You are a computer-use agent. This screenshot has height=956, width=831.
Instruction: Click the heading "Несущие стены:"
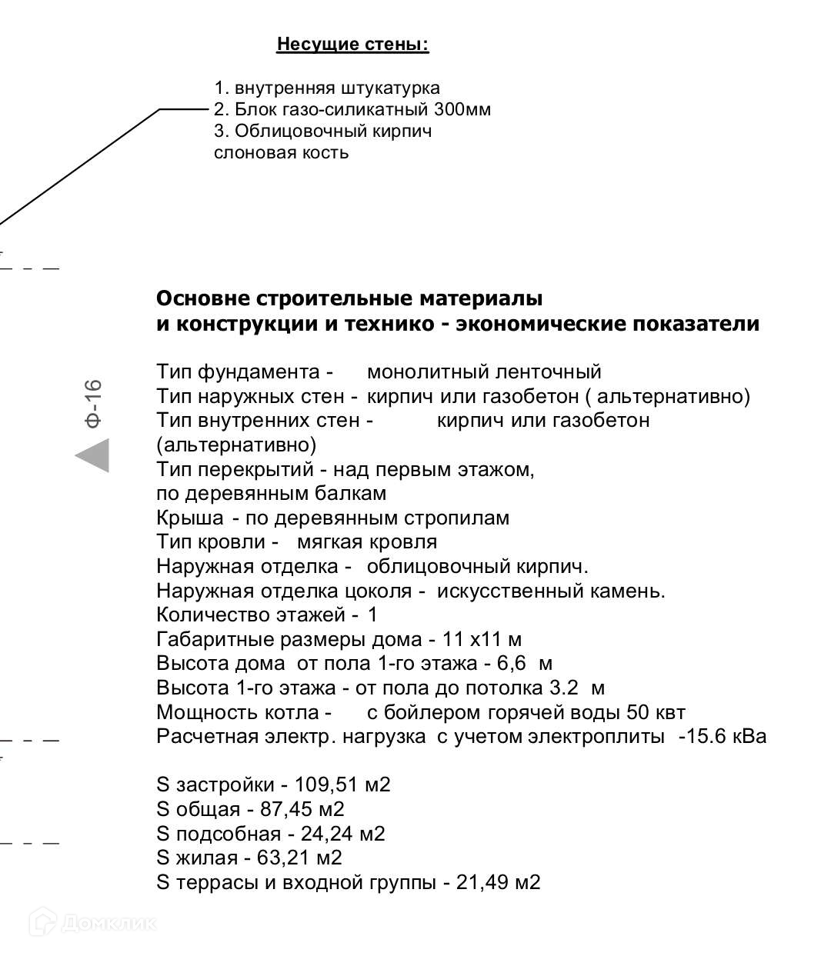coord(352,45)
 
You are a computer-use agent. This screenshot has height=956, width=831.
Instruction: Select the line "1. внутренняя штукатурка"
coord(327,88)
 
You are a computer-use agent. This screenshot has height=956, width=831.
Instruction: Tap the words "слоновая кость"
coord(281,152)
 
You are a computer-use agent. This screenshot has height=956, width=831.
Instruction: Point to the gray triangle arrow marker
coord(94,455)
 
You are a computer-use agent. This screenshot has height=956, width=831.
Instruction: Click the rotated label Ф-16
coord(93,403)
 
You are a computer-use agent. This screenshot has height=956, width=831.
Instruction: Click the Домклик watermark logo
coord(93,922)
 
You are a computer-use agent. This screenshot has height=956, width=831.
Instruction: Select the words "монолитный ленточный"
coord(484,372)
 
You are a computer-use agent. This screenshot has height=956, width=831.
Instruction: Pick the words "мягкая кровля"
coord(367,542)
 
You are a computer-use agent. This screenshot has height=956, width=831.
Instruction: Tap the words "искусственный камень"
coord(551,591)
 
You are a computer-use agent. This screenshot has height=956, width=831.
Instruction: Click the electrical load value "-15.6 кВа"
coord(723,737)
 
